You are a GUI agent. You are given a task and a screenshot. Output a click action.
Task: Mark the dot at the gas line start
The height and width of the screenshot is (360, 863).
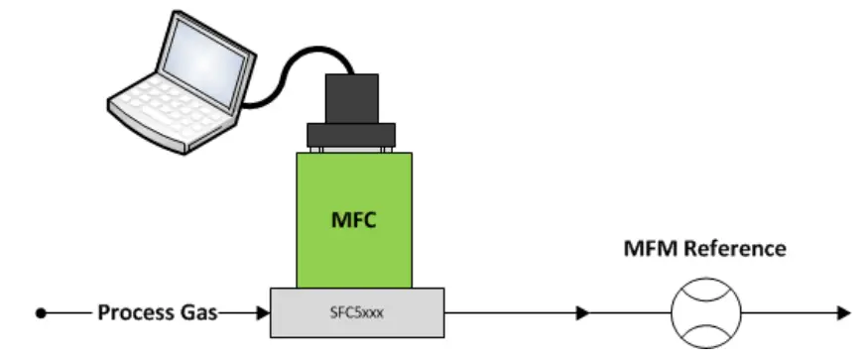point(41,313)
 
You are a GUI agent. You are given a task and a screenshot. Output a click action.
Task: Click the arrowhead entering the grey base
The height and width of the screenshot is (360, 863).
point(263,313)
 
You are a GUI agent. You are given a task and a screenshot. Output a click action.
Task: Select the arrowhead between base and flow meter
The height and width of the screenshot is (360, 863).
point(582,313)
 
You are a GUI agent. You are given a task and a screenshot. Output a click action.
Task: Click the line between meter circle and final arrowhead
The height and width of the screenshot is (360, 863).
point(784,313)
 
